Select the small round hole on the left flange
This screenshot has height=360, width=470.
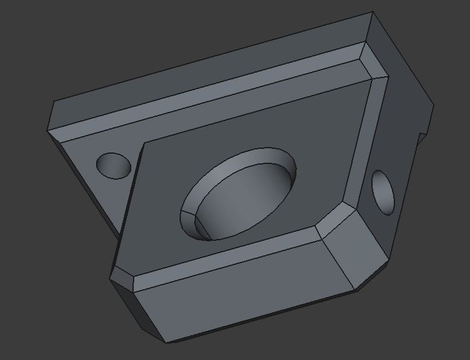click(x=114, y=165)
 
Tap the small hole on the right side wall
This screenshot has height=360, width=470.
click(x=383, y=192)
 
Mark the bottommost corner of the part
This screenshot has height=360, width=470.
click(x=165, y=342)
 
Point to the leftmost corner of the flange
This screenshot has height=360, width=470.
click(x=48, y=129)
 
